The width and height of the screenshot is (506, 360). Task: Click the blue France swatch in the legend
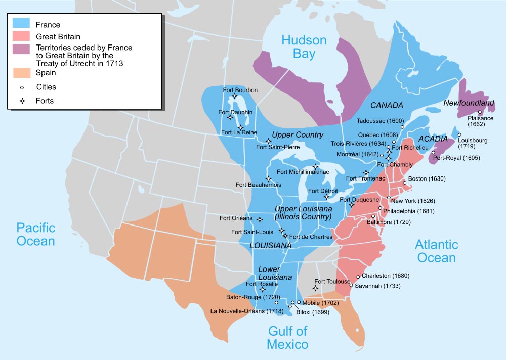point(22,24)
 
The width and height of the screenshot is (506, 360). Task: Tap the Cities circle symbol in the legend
point(22,87)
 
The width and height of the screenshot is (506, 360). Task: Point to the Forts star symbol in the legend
point(22,101)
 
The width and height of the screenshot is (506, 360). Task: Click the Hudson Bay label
point(304,47)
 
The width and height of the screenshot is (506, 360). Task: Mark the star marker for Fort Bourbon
point(234,96)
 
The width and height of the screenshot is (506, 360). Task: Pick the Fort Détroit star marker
point(326,197)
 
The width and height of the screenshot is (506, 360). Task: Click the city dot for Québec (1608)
point(394,143)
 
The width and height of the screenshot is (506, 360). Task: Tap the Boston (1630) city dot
point(403,178)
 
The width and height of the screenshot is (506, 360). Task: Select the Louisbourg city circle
point(459,134)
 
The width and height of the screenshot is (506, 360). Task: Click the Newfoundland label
point(468,103)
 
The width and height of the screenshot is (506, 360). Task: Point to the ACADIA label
point(433,139)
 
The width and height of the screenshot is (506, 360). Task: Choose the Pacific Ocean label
point(35,234)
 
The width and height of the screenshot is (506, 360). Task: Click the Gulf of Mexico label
point(287,338)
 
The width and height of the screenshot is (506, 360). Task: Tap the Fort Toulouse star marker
point(316,288)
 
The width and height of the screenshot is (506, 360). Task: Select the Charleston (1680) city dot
point(358,277)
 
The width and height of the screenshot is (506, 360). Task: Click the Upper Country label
point(298,134)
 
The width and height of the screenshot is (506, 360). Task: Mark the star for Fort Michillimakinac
point(315,167)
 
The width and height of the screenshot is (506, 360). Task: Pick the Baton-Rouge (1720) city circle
point(277,302)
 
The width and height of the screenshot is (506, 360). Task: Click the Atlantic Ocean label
point(436,251)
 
